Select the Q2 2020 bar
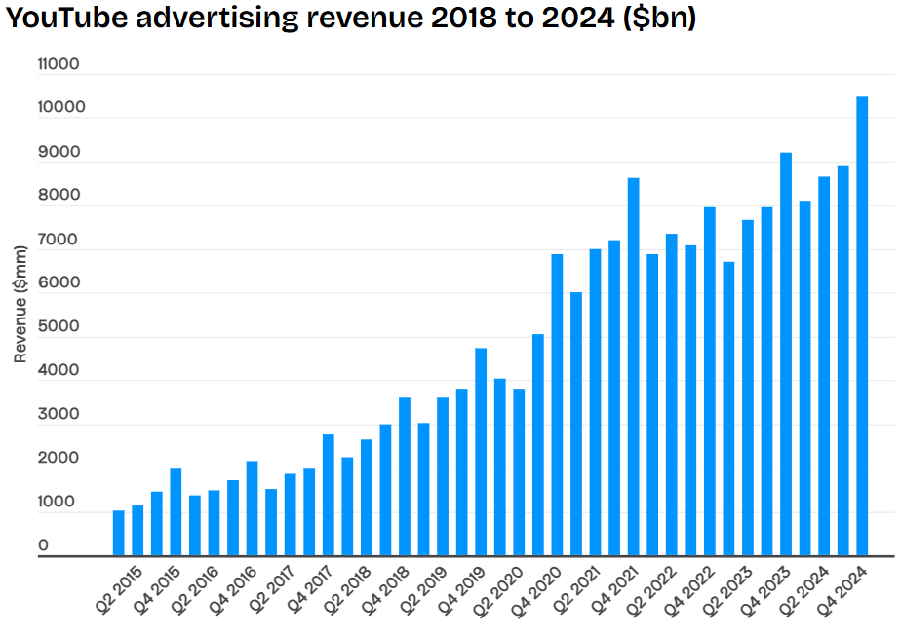(x=500, y=468)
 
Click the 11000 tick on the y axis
(x=59, y=64)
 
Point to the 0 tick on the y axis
(x=43, y=546)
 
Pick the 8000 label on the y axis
(x=59, y=196)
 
